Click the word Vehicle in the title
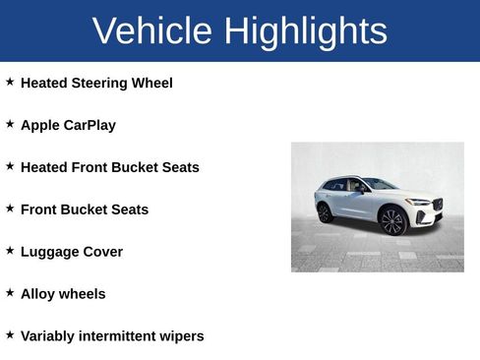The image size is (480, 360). click(152, 31)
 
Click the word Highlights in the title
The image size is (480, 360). click(306, 31)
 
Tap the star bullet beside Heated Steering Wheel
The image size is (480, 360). click(10, 83)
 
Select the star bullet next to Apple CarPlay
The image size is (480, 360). click(10, 125)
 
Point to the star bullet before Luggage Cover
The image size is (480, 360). click(10, 251)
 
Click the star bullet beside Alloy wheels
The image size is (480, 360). click(10, 293)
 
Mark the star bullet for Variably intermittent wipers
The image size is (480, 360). click(10, 335)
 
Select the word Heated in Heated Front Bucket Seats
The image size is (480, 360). click(43, 168)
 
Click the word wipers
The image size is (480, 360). click(183, 337)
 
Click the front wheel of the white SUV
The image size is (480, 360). click(392, 221)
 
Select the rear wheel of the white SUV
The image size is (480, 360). click(325, 212)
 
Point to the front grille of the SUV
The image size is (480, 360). click(437, 207)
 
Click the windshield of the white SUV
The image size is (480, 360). click(380, 184)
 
